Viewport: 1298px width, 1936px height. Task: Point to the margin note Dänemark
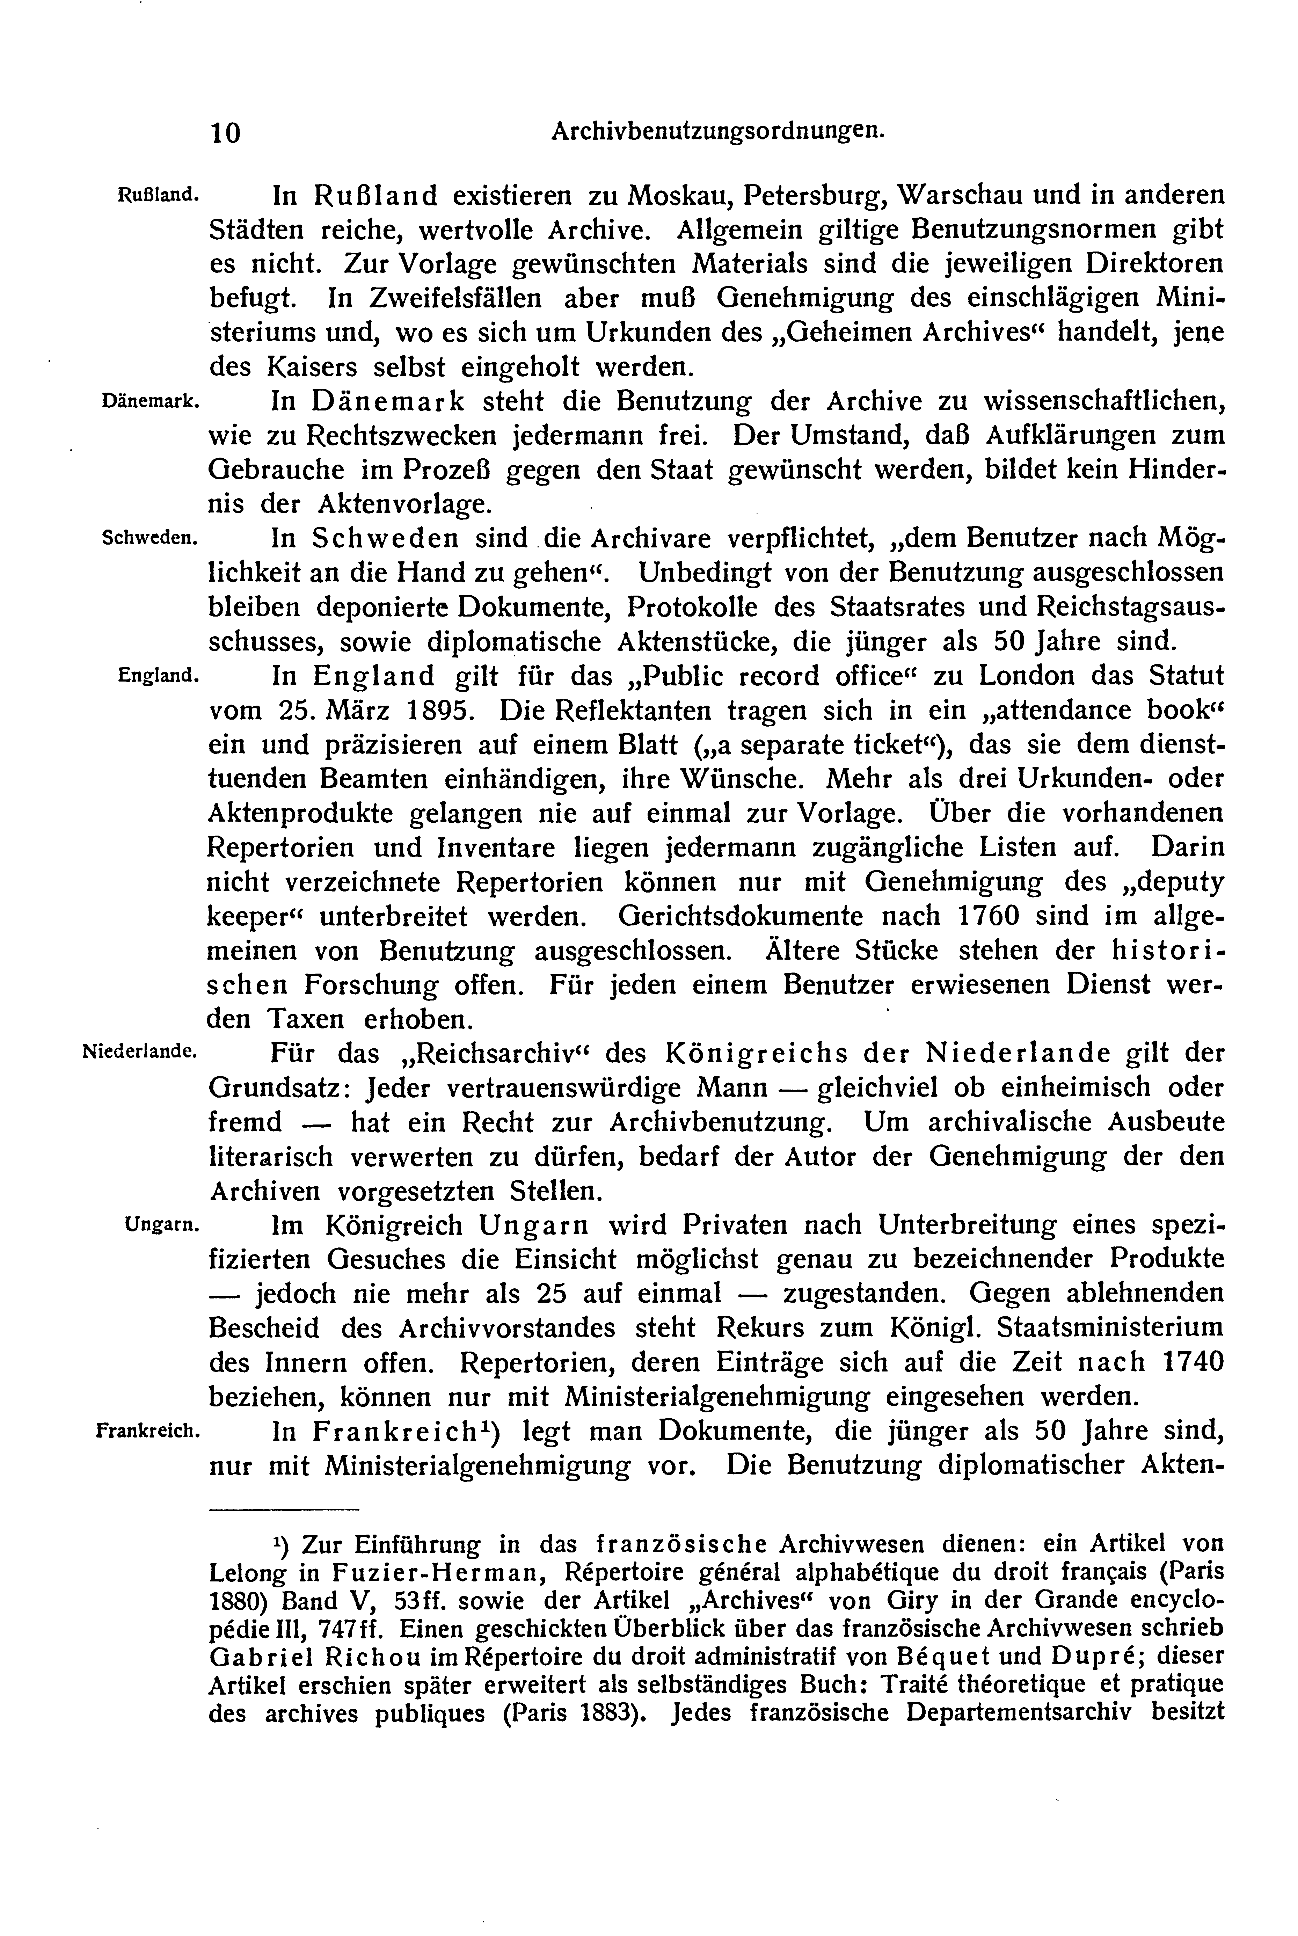[x=149, y=401]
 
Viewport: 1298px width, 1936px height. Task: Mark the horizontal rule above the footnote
[x=290, y=1509]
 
